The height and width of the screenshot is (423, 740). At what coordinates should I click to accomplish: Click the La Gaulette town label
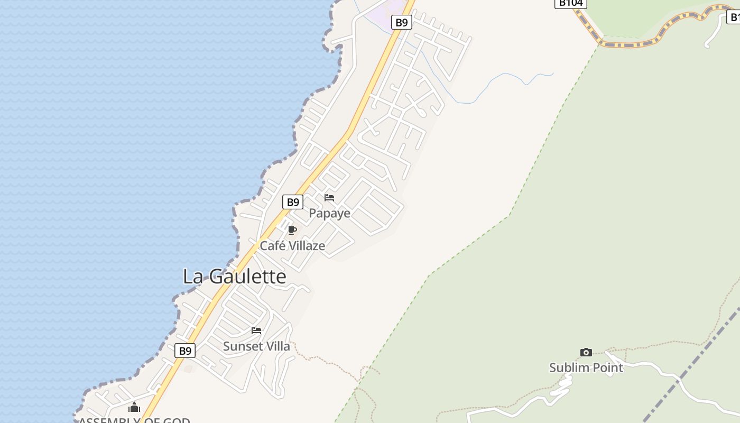[x=234, y=277]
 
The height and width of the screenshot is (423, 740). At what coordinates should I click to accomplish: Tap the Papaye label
[x=329, y=213]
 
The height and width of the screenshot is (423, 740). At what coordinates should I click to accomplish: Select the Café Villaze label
[x=292, y=246]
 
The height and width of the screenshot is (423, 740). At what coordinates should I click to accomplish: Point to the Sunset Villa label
[x=256, y=346]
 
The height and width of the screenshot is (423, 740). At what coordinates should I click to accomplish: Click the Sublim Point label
[x=586, y=367]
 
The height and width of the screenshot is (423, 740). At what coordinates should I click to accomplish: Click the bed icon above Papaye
[x=329, y=198]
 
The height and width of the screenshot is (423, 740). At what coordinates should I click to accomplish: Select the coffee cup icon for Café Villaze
[x=292, y=230]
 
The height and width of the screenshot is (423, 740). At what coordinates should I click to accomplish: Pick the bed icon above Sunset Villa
[x=256, y=330]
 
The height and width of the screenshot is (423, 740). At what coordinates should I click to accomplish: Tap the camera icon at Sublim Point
[x=586, y=352]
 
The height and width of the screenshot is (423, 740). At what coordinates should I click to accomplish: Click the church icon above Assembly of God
[x=134, y=407]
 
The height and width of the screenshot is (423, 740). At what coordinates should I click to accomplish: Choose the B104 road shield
[x=570, y=3]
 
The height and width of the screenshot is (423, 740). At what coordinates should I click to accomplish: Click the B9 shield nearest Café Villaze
[x=292, y=202]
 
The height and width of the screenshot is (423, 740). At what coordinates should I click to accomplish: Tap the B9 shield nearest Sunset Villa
[x=184, y=351]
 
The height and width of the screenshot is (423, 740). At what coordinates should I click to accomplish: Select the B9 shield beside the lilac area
[x=402, y=22]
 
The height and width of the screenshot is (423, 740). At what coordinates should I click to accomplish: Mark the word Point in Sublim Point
[x=607, y=367]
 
